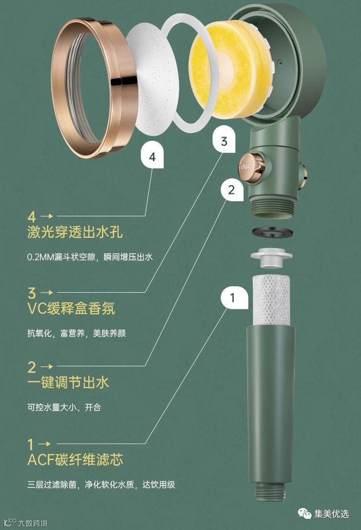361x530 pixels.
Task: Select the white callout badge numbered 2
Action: pyautogui.click(x=232, y=190)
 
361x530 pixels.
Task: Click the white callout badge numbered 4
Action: pyautogui.click(x=152, y=156)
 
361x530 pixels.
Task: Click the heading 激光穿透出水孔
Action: pyautogui.click(x=74, y=232)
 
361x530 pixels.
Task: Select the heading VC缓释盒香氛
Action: pyautogui.click(x=71, y=308)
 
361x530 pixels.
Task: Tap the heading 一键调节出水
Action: pyautogui.click(x=68, y=382)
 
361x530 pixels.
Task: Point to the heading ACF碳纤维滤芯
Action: pyautogui.click(x=75, y=460)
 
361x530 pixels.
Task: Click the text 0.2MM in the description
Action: pyautogui.click(x=40, y=257)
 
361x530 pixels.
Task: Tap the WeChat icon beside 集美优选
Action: pyautogui.click(x=304, y=514)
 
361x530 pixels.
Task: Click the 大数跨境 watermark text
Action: pyautogui.click(x=32, y=523)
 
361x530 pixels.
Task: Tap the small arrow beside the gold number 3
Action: pyautogui.click(x=47, y=292)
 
